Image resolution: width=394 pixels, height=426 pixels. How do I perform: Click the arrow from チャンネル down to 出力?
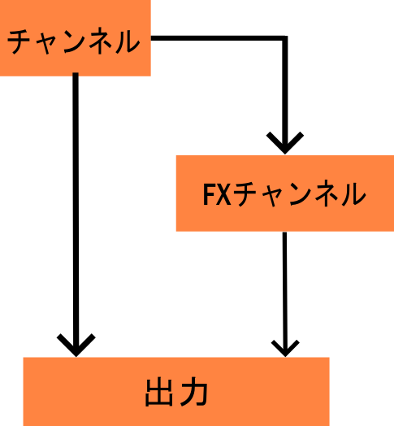tap(76, 215)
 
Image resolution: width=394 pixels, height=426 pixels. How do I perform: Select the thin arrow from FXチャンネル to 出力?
tap(285, 294)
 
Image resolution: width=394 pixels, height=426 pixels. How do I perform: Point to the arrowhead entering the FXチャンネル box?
tap(285, 142)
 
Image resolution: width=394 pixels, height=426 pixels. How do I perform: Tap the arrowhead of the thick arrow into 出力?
tap(76, 345)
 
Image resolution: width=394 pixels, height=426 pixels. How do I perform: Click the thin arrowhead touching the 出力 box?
tap(285, 348)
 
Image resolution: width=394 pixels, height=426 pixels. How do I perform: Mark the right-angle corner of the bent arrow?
tap(285, 38)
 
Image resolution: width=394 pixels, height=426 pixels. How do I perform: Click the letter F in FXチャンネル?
tap(209, 194)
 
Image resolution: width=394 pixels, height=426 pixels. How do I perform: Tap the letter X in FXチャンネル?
tap(224, 194)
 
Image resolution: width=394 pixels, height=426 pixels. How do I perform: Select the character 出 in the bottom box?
tap(159, 392)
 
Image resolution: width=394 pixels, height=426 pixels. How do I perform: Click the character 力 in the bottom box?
tap(194, 392)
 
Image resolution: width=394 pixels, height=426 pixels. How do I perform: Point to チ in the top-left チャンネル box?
tap(19, 41)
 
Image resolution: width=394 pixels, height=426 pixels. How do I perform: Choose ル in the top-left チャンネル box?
tap(128, 41)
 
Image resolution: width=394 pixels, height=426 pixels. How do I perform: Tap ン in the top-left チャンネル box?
tap(76, 41)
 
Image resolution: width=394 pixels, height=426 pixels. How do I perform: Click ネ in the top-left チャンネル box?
tap(102, 41)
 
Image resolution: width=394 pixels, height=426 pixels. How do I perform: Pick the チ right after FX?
tap(245, 194)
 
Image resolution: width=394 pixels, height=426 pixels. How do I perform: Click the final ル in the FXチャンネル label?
tap(353, 193)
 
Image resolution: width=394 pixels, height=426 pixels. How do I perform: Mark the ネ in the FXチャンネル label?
tap(327, 193)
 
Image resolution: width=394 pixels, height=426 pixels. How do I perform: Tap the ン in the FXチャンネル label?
tap(301, 193)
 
